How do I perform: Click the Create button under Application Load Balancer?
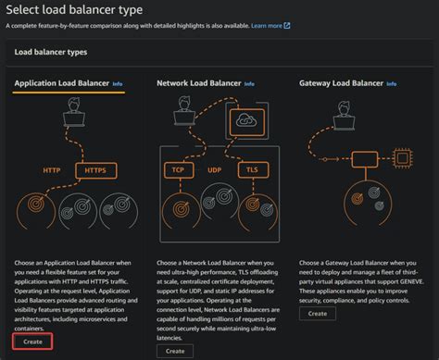tap(32, 342)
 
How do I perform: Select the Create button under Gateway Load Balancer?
tap(317, 314)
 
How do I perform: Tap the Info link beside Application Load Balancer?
tap(117, 84)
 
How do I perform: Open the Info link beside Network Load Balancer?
tap(250, 84)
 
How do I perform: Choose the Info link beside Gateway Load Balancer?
tap(392, 84)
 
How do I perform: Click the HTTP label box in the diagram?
tap(52, 170)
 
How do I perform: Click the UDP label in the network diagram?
tap(215, 170)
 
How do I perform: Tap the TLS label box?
tap(251, 170)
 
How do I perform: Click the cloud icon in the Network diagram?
tap(245, 121)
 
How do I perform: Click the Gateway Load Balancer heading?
tap(340, 84)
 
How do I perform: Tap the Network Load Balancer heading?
tap(197, 84)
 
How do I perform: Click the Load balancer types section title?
tap(51, 54)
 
